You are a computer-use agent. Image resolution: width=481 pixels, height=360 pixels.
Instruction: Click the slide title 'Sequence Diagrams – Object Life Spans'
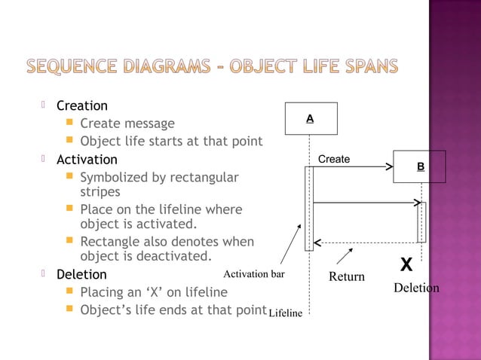point(213,67)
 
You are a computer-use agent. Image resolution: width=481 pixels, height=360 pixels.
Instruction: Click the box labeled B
point(420,166)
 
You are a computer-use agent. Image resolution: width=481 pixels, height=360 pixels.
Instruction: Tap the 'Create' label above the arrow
point(334,160)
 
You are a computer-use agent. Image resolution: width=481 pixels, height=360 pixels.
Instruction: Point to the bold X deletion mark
point(406,266)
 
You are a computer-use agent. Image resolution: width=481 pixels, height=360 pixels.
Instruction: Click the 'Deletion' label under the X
point(416,288)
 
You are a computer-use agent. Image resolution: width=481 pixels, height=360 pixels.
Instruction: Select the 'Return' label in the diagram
point(347,276)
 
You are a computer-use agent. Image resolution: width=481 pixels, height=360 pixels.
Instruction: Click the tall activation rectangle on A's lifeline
point(309,208)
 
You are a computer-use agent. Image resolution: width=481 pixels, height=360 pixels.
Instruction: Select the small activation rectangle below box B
point(421,222)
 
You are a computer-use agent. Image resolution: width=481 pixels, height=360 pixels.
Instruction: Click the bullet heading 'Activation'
point(87,160)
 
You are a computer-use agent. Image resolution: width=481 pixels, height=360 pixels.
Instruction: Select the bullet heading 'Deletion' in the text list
point(82,275)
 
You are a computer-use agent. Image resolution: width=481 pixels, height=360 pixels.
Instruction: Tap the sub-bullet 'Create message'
point(127,124)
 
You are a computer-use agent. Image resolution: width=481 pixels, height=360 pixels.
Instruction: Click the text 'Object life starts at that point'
point(171,142)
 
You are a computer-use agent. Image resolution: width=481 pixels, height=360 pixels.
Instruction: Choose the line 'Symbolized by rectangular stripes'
point(158,185)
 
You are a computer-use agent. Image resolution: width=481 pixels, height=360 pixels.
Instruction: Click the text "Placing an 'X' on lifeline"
point(153,292)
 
